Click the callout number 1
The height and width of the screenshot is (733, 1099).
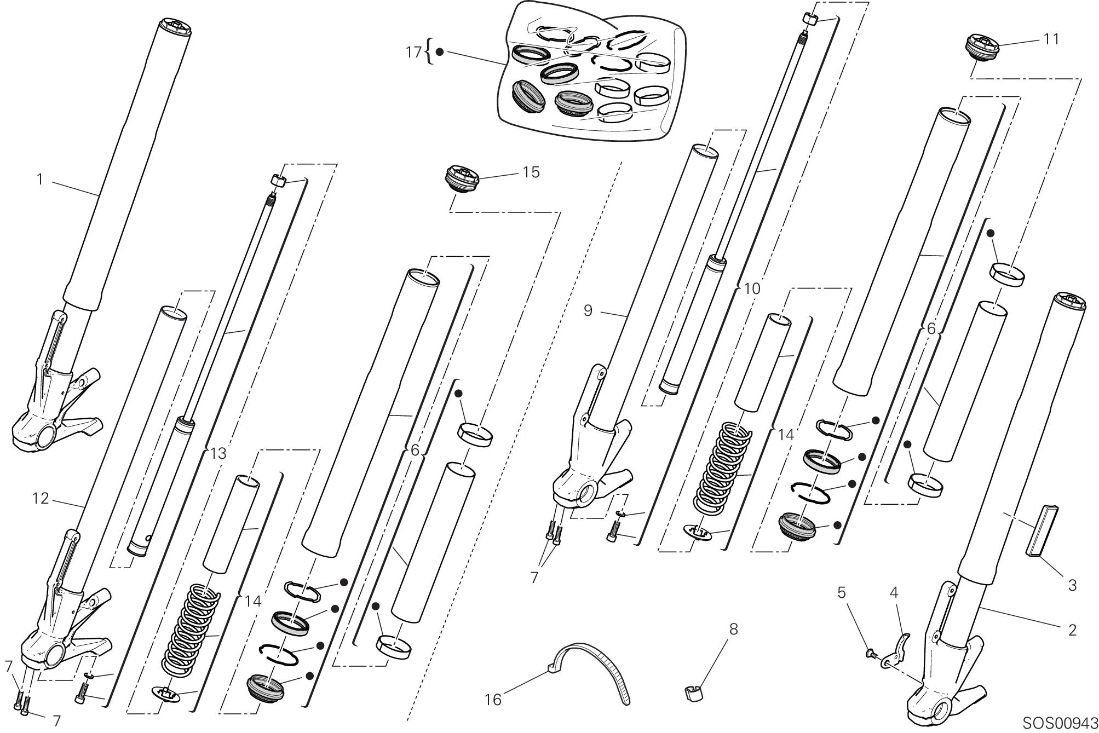[39, 179]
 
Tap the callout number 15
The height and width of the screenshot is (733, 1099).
[531, 172]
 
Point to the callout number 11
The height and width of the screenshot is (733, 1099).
[1051, 39]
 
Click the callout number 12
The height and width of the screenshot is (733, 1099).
[41, 498]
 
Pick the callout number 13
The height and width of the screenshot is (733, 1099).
[218, 453]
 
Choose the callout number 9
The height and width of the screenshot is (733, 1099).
[588, 310]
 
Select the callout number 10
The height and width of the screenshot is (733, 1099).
[752, 288]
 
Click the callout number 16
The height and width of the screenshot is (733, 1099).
[493, 700]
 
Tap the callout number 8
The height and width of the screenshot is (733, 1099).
[734, 629]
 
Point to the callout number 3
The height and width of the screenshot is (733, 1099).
[1072, 585]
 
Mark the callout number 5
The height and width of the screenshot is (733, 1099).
[842, 592]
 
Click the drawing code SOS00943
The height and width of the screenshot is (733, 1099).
[1060, 723]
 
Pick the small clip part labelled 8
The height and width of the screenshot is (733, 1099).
[693, 692]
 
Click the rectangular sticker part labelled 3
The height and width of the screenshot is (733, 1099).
[1045, 530]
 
